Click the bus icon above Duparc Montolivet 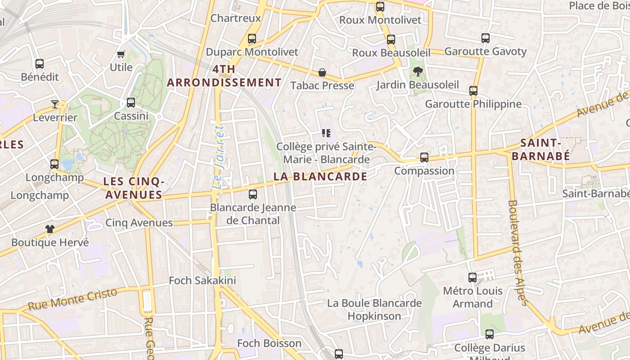(252, 39)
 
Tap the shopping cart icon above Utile (121, 54)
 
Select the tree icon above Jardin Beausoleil (418, 71)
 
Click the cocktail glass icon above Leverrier (55, 104)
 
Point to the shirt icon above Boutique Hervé (50, 229)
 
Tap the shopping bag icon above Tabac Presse (322, 72)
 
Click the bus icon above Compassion (424, 157)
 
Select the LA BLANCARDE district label (320, 177)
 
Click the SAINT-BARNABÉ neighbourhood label (541, 150)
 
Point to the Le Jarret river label (218, 157)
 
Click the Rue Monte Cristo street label (72, 299)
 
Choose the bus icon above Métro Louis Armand (472, 278)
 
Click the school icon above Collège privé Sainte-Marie (326, 133)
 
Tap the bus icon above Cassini (131, 103)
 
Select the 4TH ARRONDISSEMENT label (224, 76)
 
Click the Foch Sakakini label (202, 281)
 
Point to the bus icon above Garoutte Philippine (473, 91)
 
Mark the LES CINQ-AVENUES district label (133, 188)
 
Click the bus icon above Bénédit (40, 64)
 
